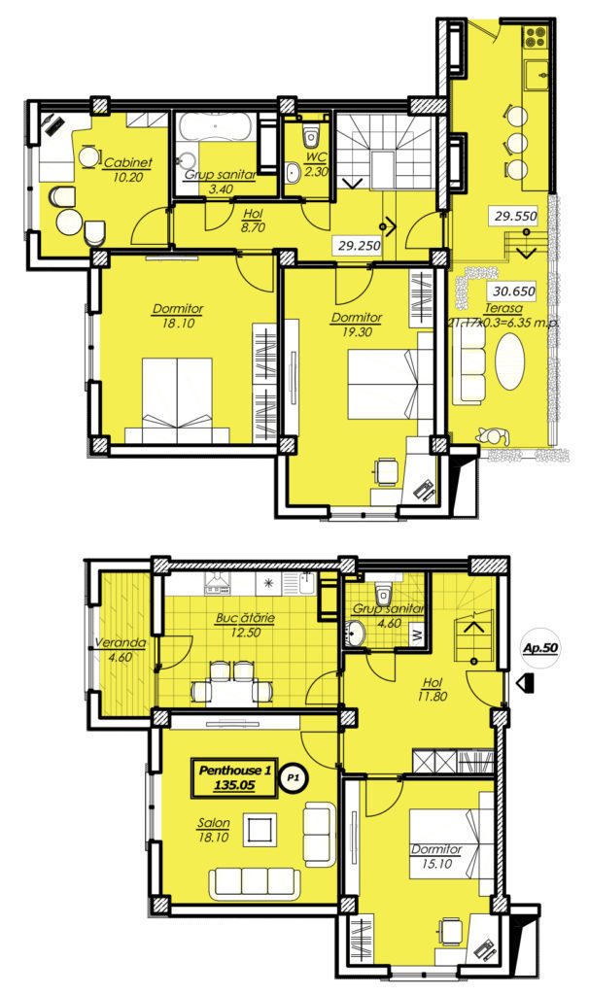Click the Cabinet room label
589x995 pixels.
click(x=127, y=162)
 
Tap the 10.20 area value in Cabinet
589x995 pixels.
click(x=127, y=177)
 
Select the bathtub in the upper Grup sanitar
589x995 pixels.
click(x=216, y=128)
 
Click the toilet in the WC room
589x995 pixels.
click(x=310, y=134)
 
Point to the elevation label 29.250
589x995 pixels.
click(x=360, y=246)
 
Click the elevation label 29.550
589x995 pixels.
click(x=515, y=216)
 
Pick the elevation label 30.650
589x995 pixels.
click(x=513, y=292)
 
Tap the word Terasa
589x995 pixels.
click(x=503, y=308)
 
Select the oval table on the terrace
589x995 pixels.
click(x=510, y=361)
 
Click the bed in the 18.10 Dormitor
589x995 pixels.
click(x=177, y=399)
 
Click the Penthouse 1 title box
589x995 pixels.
click(x=235, y=777)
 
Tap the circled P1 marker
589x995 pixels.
click(x=293, y=776)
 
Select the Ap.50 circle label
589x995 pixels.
click(x=540, y=648)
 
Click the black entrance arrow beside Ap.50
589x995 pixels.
click(x=526, y=683)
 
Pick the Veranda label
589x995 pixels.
click(x=120, y=642)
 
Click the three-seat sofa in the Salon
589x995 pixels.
click(x=254, y=883)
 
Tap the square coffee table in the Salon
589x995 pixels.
click(x=260, y=830)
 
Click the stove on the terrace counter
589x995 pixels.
click(x=535, y=36)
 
